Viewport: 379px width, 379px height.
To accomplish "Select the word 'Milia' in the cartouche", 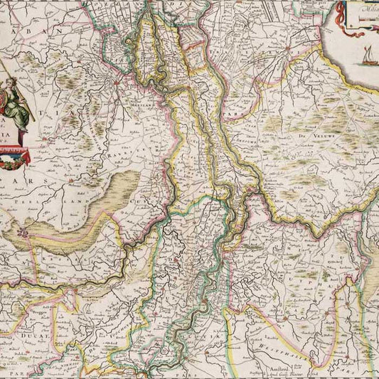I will click(x=369, y=10).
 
